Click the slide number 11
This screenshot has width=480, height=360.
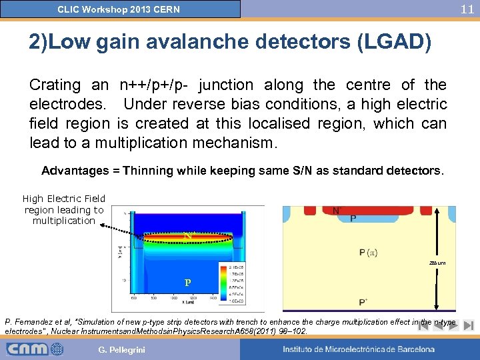[467, 9]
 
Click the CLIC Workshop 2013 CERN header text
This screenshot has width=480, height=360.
[119, 9]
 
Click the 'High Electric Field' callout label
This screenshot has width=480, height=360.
[64, 198]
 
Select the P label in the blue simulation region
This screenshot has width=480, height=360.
[188, 282]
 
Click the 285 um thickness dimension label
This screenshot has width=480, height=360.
[437, 262]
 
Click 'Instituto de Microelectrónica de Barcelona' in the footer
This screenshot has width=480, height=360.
[358, 349]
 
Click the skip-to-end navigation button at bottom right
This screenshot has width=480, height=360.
[468, 326]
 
